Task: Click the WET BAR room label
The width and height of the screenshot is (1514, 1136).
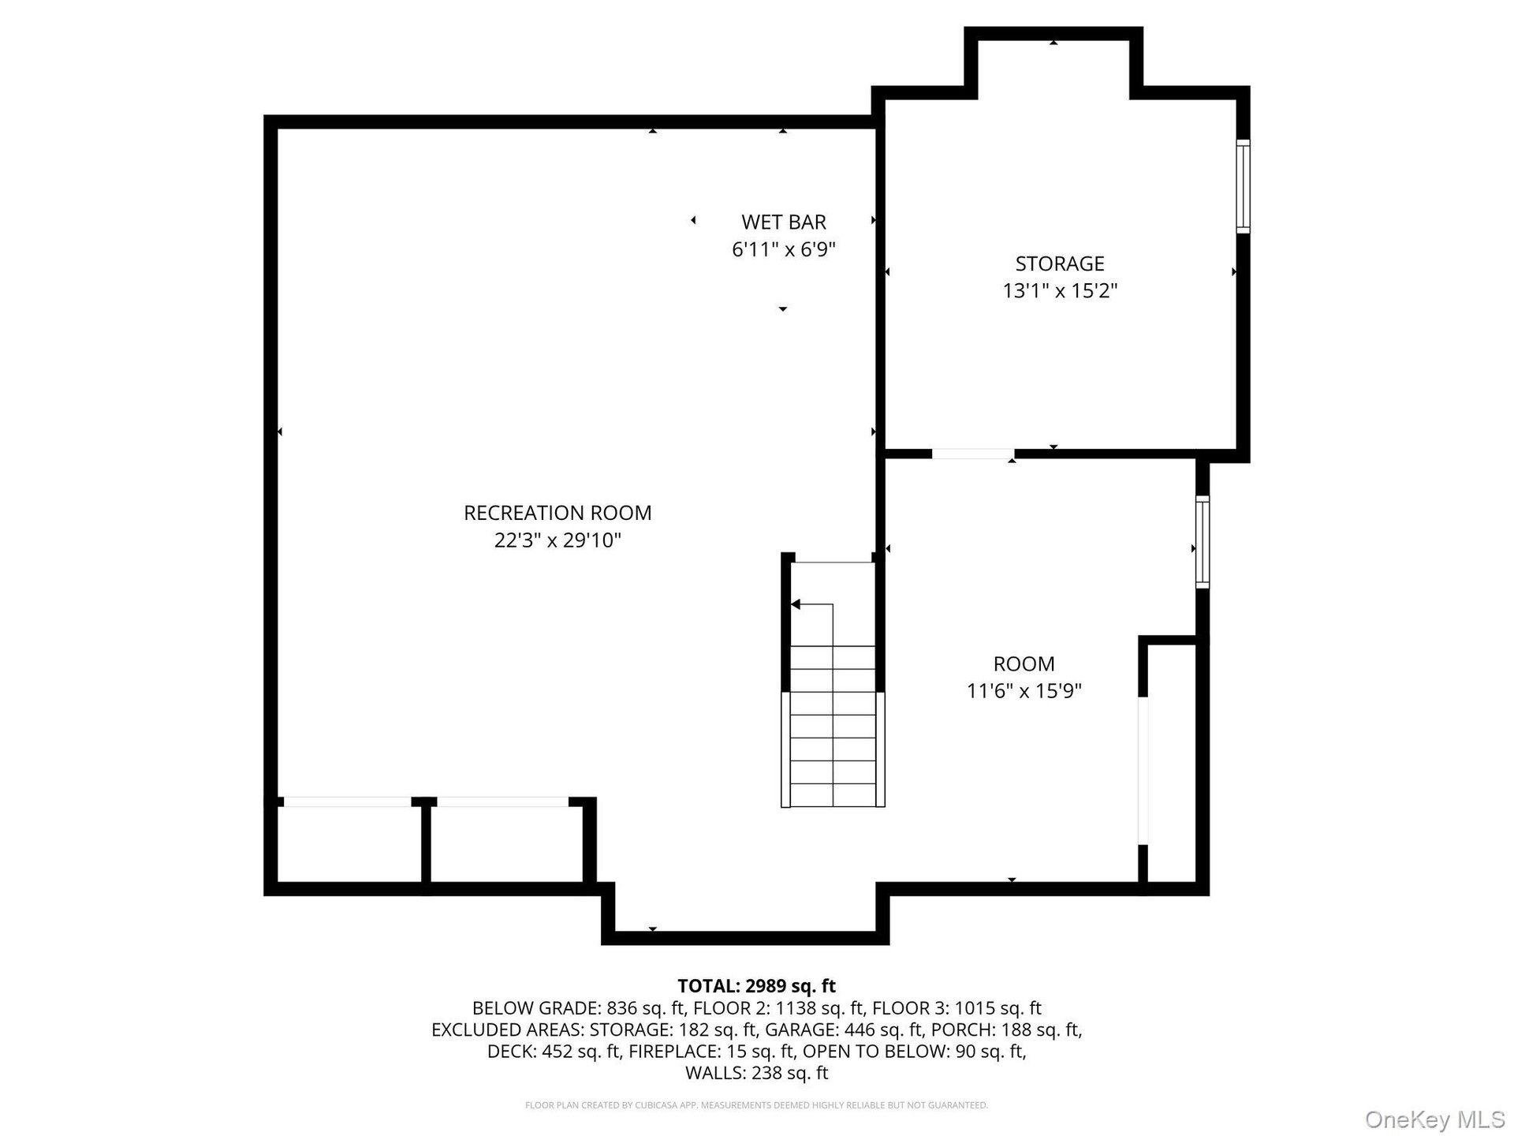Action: coord(784,222)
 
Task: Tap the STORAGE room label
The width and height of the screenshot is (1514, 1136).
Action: coord(1060,263)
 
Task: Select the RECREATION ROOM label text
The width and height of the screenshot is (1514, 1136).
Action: coord(557,513)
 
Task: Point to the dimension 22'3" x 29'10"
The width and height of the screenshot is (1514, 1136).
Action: coord(557,540)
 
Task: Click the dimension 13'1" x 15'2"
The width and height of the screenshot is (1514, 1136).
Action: coord(1060,291)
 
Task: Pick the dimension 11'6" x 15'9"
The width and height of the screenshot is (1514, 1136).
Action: coord(1024,691)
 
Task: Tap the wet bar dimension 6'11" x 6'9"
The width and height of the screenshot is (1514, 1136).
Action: coord(784,250)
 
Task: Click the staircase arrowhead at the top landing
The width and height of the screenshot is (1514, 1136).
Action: coord(796,604)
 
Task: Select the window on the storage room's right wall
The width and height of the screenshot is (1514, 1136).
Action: coord(1243,186)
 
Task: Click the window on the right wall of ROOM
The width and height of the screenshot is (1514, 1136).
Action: coord(1203,541)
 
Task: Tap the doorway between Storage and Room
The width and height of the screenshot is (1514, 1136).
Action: coord(973,454)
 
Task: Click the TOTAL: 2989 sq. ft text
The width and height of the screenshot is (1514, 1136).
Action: coord(757,986)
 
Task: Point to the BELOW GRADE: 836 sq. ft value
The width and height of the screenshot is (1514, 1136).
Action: coord(579,1008)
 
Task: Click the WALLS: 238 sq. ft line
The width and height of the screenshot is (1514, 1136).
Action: coord(757,1073)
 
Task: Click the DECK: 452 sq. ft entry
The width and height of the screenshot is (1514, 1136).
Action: coord(554,1052)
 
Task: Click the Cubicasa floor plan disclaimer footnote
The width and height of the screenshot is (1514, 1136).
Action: coord(757,1105)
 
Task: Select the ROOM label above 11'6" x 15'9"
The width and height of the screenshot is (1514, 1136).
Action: coord(1024,664)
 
